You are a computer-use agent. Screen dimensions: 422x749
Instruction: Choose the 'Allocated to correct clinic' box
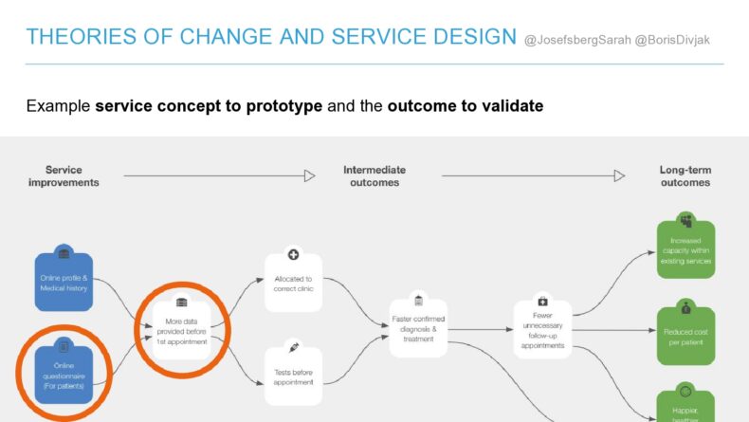pyautogui.click(x=293, y=283)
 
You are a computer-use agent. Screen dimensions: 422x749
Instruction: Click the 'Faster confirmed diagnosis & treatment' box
pyautogui.click(x=418, y=327)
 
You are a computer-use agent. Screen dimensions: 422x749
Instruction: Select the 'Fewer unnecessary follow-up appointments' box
pyautogui.click(x=543, y=327)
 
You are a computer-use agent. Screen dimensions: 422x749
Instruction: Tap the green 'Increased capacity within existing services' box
pyautogui.click(x=685, y=250)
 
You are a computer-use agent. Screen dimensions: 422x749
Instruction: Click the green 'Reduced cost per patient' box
pyautogui.click(x=685, y=332)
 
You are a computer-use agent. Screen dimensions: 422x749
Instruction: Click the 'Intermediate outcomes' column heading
pyautogui.click(x=374, y=176)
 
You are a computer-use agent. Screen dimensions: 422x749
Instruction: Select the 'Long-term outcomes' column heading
pyautogui.click(x=685, y=176)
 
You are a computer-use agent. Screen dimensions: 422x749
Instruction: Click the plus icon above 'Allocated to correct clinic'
pyautogui.click(x=294, y=255)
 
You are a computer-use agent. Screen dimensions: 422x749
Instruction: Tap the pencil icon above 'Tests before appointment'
pyautogui.click(x=294, y=348)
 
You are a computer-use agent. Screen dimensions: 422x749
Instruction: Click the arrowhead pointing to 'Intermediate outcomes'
pyautogui.click(x=309, y=175)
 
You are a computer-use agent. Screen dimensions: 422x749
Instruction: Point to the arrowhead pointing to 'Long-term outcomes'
pyautogui.click(x=619, y=175)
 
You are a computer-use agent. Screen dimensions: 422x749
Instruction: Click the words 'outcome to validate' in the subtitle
pyautogui.click(x=465, y=106)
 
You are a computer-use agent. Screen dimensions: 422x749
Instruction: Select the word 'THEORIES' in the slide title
pyautogui.click(x=73, y=37)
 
